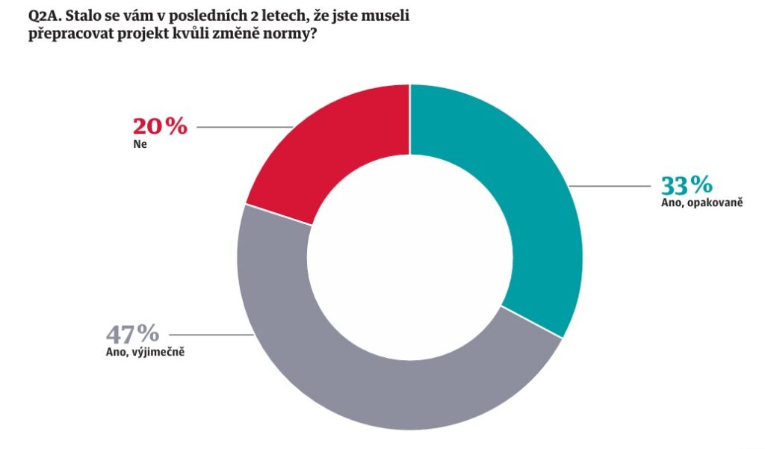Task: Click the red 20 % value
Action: click(159, 126)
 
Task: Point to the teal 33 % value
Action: click(686, 185)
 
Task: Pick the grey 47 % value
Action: click(132, 333)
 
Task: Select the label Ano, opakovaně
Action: click(701, 202)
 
